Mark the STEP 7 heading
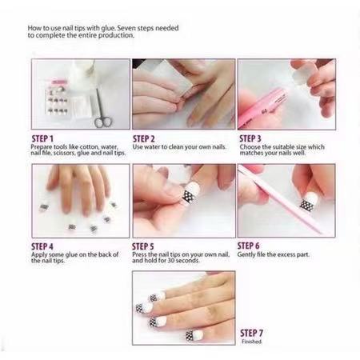click(x=252, y=333)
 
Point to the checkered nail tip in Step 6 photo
click(x=306, y=205)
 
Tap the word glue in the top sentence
click(x=105, y=28)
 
